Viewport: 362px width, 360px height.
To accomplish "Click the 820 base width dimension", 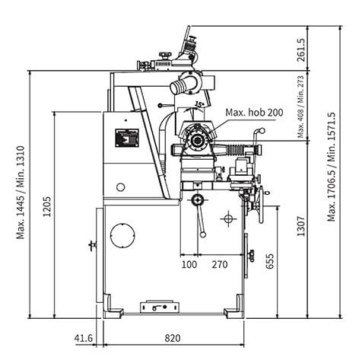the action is coord(173,338).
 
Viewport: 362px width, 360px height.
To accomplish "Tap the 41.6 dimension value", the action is coord(84,338).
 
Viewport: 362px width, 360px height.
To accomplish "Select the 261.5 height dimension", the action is coord(301,50).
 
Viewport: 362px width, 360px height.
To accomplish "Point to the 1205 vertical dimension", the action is coord(47,206).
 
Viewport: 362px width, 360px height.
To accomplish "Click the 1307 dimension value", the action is coord(301,226).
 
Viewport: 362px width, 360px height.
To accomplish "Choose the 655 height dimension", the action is coord(270,261).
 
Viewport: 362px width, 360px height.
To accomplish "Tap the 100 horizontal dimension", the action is coord(189,265).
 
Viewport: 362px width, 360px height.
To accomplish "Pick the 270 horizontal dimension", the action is coord(220,265).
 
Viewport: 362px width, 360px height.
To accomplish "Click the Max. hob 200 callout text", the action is coord(254,113).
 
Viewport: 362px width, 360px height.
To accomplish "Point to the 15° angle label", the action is coord(199,104).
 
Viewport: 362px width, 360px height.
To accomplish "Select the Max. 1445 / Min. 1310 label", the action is coord(21,193).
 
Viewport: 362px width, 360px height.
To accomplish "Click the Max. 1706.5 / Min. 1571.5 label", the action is coord(331,167).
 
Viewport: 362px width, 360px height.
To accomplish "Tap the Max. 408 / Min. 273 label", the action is coord(300,107).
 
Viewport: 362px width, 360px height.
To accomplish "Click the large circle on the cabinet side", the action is coord(122,235).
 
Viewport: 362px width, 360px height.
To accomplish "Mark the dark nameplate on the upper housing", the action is coord(127,138).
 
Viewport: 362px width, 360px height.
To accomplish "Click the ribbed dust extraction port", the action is coord(179,87).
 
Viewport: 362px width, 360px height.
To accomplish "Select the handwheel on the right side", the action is coord(260,204).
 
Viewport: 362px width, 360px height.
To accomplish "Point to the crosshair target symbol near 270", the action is coord(229,218).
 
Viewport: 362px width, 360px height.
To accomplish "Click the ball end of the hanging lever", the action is coord(203,234).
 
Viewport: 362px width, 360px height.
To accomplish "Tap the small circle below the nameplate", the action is coord(121,187).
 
